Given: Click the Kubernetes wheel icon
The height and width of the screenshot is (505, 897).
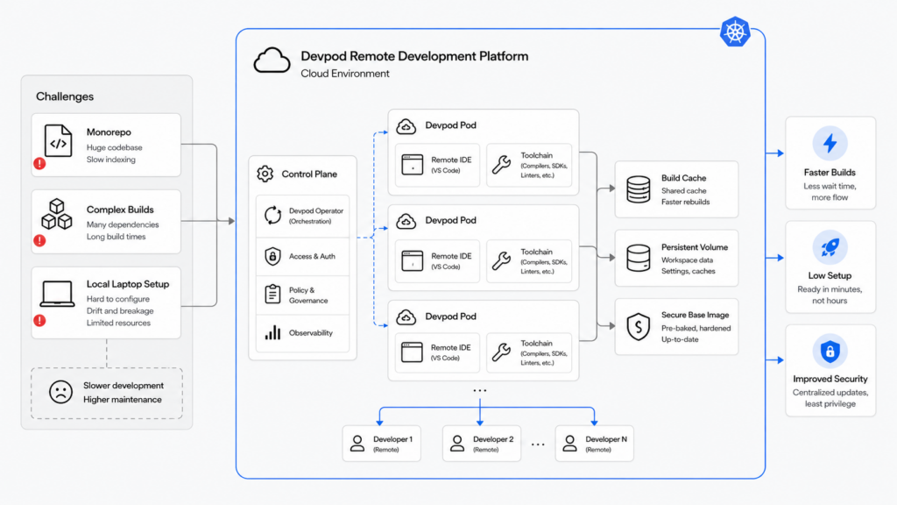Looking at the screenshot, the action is coord(735,32).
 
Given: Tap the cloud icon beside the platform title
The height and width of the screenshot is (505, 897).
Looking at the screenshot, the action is coord(272,60).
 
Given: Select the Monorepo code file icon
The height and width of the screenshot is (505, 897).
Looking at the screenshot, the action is coord(59,141).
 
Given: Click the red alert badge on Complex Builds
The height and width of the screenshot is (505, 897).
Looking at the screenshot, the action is coord(39,240).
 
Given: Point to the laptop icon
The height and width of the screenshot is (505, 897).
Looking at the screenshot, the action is coord(57,294).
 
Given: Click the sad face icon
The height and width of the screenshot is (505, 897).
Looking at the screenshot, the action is coord(60,392).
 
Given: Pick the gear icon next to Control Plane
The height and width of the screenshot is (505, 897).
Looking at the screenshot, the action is coord(265,174).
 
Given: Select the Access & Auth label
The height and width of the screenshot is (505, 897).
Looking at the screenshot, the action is coord(312,257).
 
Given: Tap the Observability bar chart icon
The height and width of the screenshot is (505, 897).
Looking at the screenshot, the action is coord(273,332).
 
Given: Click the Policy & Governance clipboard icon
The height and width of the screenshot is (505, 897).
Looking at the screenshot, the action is coord(273,294).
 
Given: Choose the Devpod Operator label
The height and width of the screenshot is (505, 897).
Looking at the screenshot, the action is coord(315,210).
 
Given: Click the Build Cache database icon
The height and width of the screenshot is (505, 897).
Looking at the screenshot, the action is coord(639,189).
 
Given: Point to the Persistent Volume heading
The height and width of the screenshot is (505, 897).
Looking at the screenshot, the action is coord(695,247).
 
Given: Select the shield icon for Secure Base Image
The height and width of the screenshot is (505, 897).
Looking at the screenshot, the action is coord(639,327).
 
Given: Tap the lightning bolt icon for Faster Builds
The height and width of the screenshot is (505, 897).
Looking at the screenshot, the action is coord(830,143).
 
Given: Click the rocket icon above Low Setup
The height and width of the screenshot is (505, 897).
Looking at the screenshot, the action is coord(830,247).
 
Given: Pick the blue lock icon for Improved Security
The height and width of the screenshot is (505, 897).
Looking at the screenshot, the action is coord(830,351).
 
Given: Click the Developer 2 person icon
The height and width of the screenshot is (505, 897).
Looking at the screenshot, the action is coord(457,443).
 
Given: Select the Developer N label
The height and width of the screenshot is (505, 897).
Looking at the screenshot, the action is coord(606,439).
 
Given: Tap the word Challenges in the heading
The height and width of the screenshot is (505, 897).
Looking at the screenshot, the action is coord(65,96).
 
